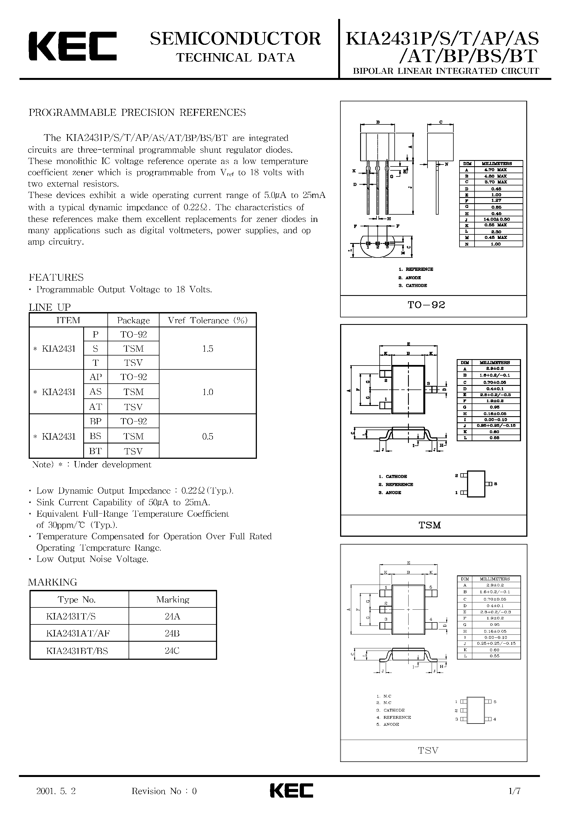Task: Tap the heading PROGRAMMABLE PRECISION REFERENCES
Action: click(x=137, y=113)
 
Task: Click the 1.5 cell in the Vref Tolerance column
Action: click(x=208, y=349)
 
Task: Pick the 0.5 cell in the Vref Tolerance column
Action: click(x=208, y=437)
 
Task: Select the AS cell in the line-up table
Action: click(x=95, y=392)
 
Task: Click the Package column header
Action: click(x=133, y=320)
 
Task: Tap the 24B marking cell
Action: click(x=172, y=633)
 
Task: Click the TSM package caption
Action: click(x=430, y=525)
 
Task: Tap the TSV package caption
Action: click(x=428, y=750)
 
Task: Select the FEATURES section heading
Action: click(x=56, y=277)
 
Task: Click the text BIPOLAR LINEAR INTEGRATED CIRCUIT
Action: click(x=446, y=71)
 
